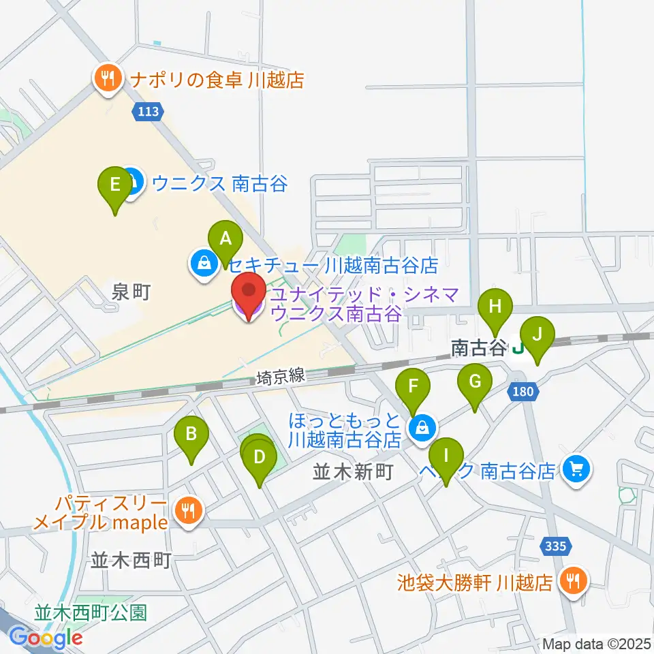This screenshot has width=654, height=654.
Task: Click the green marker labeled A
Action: tap(225, 240)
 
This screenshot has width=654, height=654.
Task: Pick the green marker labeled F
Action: tap(413, 388)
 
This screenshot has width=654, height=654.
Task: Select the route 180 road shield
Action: tap(523, 392)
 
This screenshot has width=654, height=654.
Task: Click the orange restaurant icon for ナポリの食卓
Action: tap(108, 80)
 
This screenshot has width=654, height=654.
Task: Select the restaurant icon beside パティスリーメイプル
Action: tap(187, 512)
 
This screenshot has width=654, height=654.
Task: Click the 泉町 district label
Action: tap(130, 293)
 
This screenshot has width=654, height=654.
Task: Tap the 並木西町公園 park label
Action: tap(91, 612)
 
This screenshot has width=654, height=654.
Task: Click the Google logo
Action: tap(46, 638)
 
